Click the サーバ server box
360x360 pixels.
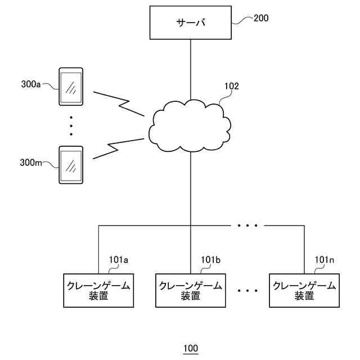pos(190,22)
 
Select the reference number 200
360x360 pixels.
pos(261,18)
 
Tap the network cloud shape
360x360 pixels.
pos(190,126)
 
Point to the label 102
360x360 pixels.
pos(231,86)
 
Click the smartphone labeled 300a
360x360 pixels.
pos(71,87)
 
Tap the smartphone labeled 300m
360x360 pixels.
pos(71,165)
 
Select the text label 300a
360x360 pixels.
pos(31,84)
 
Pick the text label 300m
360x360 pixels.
pos(31,163)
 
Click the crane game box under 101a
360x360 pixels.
pos(98,290)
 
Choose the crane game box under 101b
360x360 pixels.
pos(191,290)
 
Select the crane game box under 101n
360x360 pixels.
pos(304,290)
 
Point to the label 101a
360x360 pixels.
pos(119,260)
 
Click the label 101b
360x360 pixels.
pos(210,260)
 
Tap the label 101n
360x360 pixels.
pos(324,260)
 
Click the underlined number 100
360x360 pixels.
pos(191,349)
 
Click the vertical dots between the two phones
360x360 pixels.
pos(71,126)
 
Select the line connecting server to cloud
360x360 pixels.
pos(191,70)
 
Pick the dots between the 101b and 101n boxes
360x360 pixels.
pos(247,291)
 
